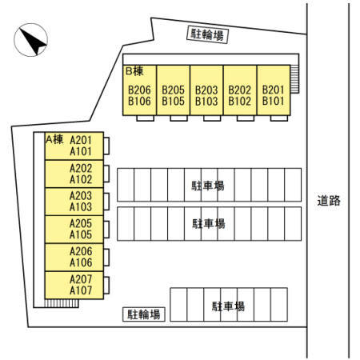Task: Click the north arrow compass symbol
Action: click(x=30, y=40)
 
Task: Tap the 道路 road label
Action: click(x=329, y=201)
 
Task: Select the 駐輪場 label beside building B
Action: click(x=207, y=34)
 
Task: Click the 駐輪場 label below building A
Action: click(x=144, y=314)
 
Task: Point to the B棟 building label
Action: click(x=134, y=71)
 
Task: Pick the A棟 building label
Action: click(x=54, y=139)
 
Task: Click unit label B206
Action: click(x=139, y=90)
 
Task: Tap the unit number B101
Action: click(x=273, y=101)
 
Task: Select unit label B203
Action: click(x=206, y=90)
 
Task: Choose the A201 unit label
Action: click(x=81, y=140)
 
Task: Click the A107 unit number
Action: click(x=81, y=290)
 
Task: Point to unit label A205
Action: click(x=81, y=223)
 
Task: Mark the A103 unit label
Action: click(x=81, y=207)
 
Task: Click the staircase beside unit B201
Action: click(x=294, y=79)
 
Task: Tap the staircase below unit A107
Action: click(x=62, y=303)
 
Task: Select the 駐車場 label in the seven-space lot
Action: click(x=228, y=306)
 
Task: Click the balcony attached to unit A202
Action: click(x=106, y=174)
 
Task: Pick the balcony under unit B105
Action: click(x=178, y=118)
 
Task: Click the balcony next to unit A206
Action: click(x=106, y=258)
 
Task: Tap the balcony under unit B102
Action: click(x=246, y=118)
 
